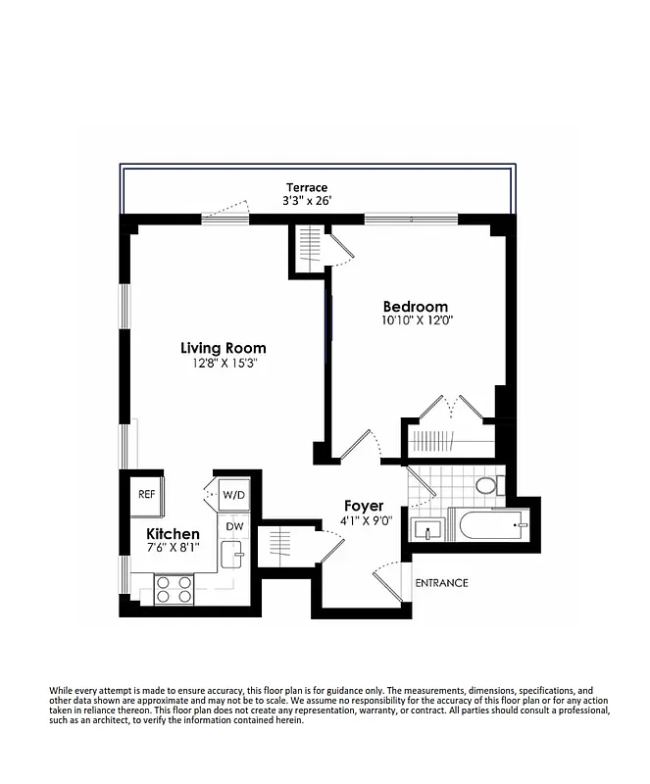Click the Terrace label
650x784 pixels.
(306, 187)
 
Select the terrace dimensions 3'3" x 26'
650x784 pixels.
(306, 203)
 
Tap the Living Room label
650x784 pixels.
(223, 348)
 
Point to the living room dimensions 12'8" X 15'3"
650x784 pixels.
(223, 364)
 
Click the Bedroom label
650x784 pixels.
(415, 306)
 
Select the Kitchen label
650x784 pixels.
(173, 534)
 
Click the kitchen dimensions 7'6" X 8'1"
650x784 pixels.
(173, 549)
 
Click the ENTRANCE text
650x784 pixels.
(441, 583)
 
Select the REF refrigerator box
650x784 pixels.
(147, 495)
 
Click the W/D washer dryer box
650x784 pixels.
(233, 495)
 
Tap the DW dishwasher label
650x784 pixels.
(234, 526)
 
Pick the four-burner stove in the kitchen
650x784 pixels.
(175, 589)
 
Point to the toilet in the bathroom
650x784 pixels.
(485, 485)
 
